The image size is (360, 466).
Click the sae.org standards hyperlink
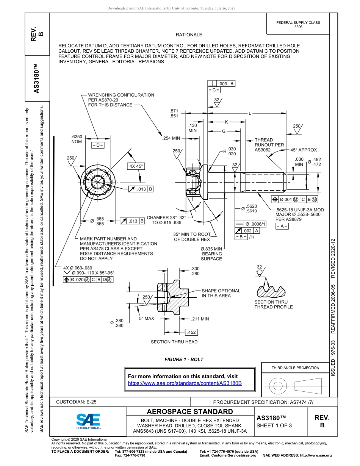click(185, 383)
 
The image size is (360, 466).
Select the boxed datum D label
click(97, 145)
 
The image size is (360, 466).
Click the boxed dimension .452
click(192, 332)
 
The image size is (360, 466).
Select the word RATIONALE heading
click(189, 35)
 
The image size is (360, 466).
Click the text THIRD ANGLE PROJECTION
click(295, 367)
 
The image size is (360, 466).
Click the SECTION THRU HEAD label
click(174, 342)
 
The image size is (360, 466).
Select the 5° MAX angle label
click(146, 319)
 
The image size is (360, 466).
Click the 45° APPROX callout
click(304, 150)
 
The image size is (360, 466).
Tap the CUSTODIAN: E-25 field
click(74, 402)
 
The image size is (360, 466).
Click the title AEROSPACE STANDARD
click(190, 412)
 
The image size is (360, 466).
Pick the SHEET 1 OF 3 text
click(274, 425)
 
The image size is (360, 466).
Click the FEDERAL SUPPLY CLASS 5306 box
click(298, 25)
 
